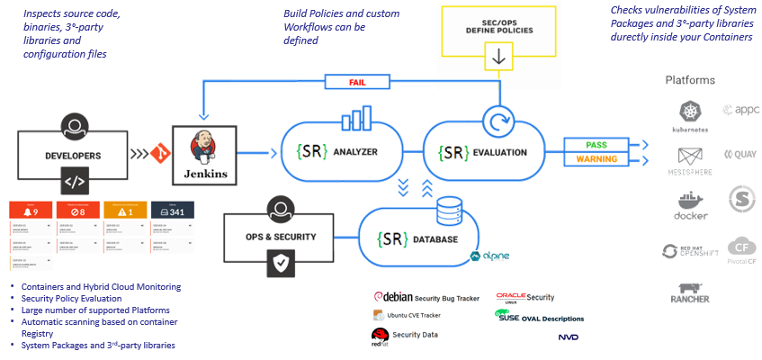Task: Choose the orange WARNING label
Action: (x=595, y=160)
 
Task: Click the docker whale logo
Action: (x=691, y=203)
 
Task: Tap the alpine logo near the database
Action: (x=490, y=256)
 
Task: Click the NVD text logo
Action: (x=568, y=337)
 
